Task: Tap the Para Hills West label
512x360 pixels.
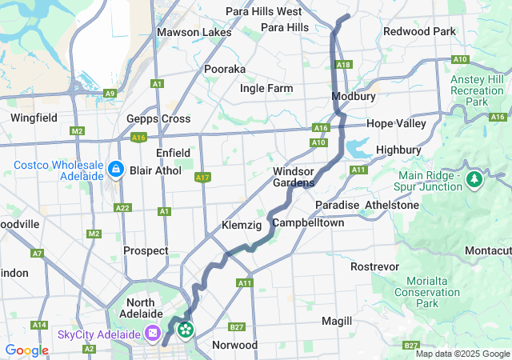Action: coord(263,11)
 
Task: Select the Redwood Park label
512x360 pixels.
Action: coord(419,32)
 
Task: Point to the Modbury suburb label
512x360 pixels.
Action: coord(354,96)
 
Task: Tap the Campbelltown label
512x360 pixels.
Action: coord(308,222)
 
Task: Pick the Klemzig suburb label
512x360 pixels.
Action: coord(241,226)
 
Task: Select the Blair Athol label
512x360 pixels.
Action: coord(154,170)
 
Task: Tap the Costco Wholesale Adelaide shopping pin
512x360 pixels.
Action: coord(115,170)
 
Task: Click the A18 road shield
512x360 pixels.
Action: coord(344,64)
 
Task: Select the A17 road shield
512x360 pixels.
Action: coord(202,178)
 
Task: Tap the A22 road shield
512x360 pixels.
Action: coord(122,208)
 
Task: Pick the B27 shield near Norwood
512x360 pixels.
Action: coord(236,326)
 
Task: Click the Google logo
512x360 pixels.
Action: coord(26,350)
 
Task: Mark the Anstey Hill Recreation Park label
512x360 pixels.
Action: coord(478,91)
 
